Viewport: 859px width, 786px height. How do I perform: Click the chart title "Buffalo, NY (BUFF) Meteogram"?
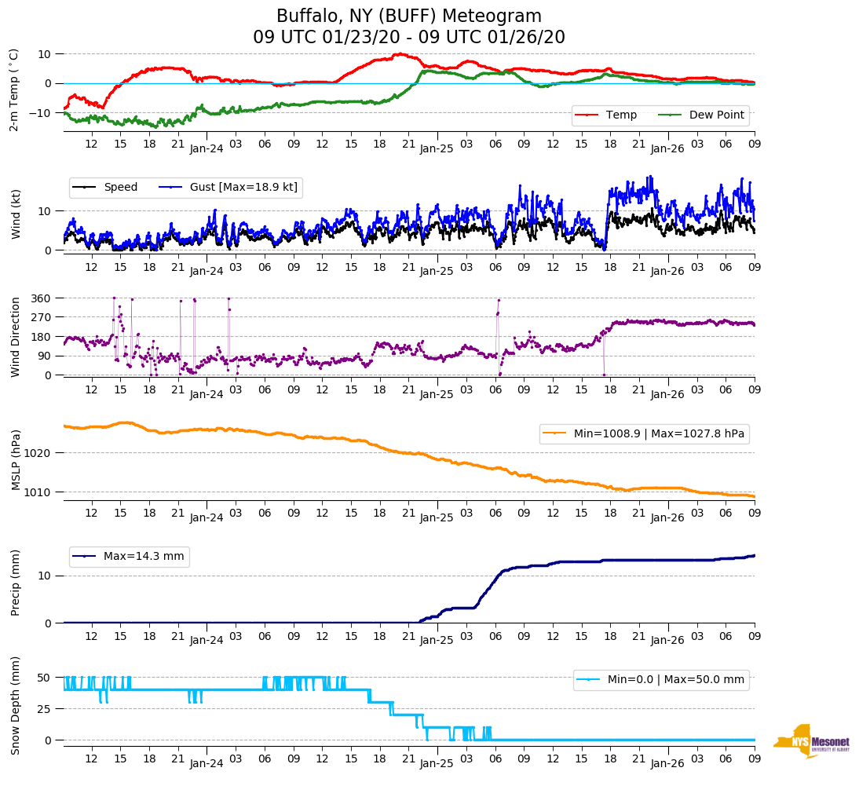click(x=408, y=16)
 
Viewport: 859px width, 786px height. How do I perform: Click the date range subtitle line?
click(x=408, y=38)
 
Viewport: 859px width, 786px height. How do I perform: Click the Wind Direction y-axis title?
click(x=16, y=336)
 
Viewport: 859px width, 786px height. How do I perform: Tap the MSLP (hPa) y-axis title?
click(x=16, y=459)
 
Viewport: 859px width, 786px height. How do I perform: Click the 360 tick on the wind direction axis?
click(x=41, y=298)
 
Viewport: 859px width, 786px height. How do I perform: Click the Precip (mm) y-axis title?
click(x=16, y=583)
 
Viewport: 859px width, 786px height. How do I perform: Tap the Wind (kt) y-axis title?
click(x=16, y=214)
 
